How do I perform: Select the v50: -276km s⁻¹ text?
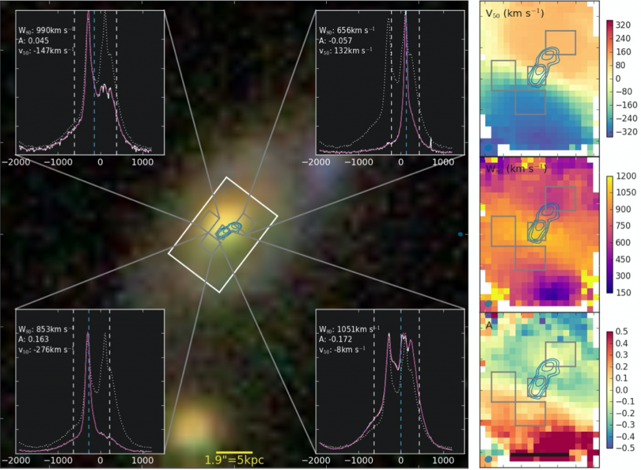point(45,349)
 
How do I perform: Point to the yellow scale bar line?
point(234,451)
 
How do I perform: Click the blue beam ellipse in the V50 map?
point(488,148)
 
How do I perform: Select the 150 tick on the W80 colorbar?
point(624,292)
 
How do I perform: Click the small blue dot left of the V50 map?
point(460,234)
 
